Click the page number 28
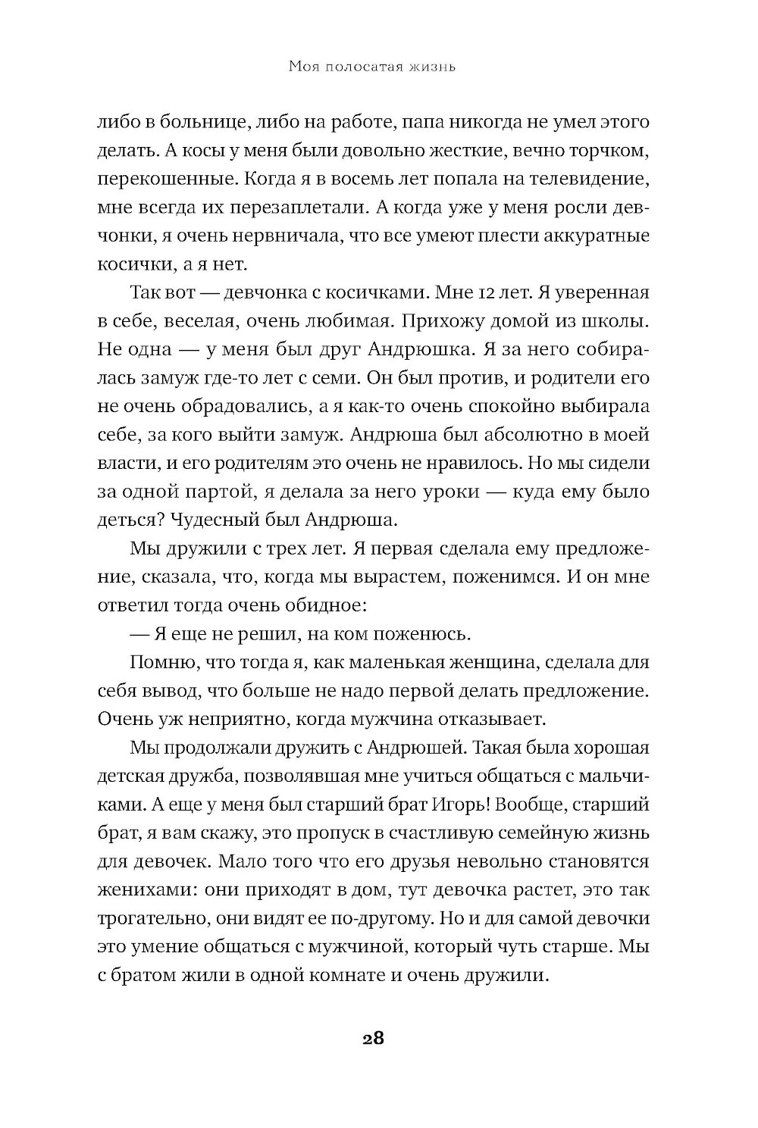click(x=373, y=1038)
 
